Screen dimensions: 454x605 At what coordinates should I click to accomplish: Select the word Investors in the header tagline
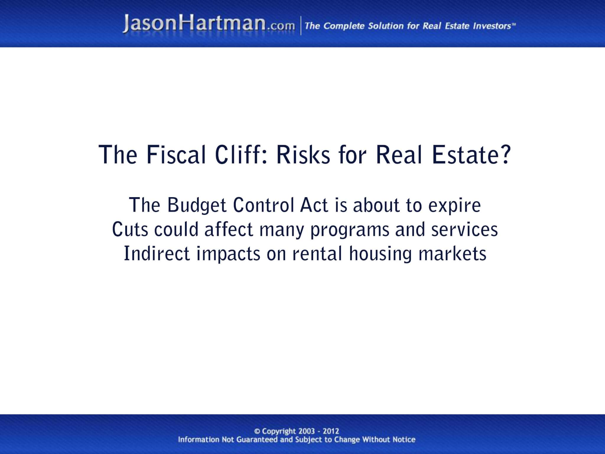click(x=492, y=26)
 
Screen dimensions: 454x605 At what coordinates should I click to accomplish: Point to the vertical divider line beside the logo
click(x=301, y=26)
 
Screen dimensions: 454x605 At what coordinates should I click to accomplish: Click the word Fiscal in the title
click(x=176, y=155)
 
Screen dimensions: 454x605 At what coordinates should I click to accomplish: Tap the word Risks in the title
click(x=303, y=155)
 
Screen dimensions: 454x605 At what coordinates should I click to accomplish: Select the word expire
click(x=455, y=206)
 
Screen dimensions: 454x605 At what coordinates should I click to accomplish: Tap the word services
click(x=464, y=230)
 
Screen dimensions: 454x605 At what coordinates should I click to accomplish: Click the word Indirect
click(x=157, y=254)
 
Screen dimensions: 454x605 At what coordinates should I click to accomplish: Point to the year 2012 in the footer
click(x=331, y=431)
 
